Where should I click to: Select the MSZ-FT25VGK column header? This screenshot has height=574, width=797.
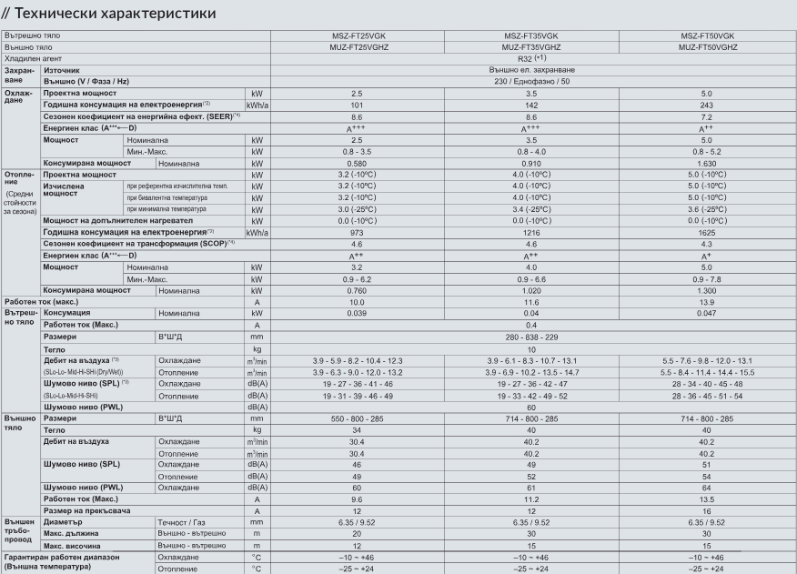357,35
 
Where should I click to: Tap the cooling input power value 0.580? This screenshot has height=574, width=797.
357,164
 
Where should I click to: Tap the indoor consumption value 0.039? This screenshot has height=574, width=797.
357,313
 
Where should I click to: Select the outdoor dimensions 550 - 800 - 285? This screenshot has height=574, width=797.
357,418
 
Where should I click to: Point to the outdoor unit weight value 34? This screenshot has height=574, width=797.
357,429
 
